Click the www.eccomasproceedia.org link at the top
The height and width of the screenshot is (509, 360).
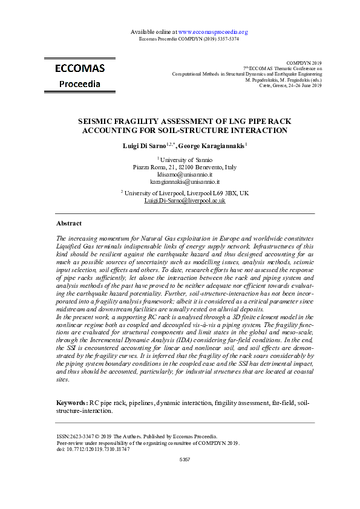click(214, 31)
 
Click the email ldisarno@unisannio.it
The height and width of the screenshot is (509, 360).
click(185, 174)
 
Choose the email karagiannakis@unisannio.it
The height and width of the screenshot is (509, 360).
click(185, 181)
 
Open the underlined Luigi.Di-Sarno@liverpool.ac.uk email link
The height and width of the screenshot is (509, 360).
click(185, 200)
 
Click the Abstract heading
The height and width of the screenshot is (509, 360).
click(69, 223)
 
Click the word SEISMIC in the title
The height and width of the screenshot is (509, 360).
click(99, 121)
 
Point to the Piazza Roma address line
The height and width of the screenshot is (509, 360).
click(185, 167)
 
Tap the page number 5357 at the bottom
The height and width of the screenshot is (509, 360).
click(185, 460)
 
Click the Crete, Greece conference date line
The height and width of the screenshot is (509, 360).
click(290, 86)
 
